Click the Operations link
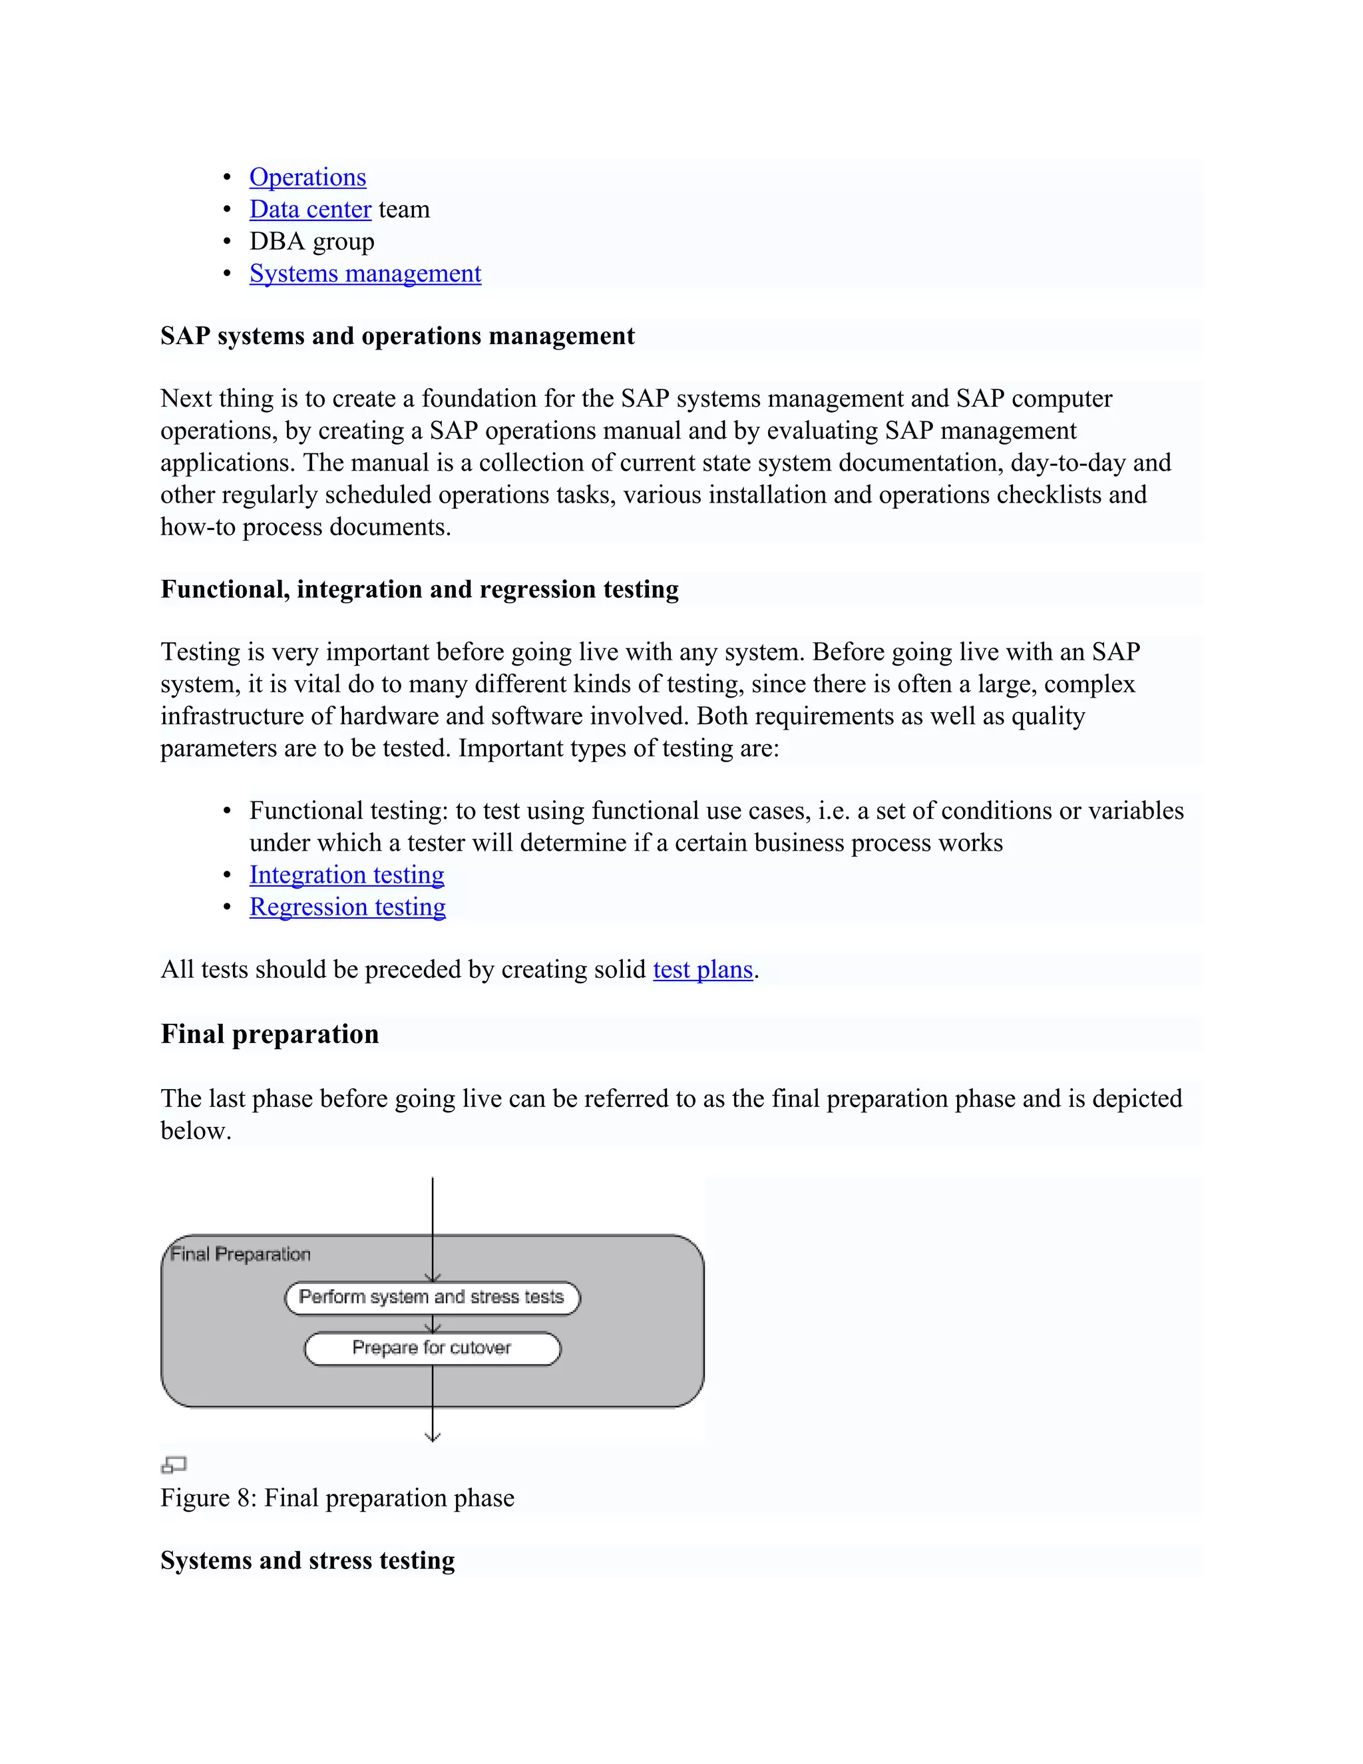tap(307, 177)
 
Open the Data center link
tap(310, 209)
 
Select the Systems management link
tap(365, 274)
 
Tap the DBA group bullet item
tap(311, 242)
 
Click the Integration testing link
tap(346, 875)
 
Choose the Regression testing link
tap(347, 907)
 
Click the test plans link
tap(703, 969)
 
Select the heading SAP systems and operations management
tap(397, 336)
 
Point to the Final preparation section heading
tap(270, 1034)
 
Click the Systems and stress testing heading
tap(307, 1560)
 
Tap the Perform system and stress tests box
tap(432, 1297)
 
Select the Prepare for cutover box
tap(432, 1348)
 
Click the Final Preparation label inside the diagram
tap(240, 1254)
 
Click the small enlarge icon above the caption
tap(174, 1464)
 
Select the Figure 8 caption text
tap(337, 1498)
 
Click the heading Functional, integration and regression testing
tap(419, 590)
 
